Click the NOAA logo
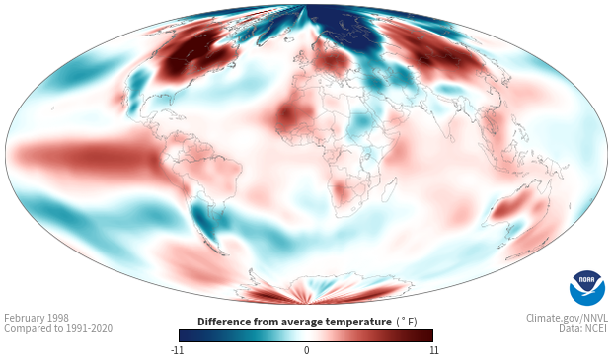[587, 288]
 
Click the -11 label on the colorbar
[178, 350]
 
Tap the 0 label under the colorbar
[306, 350]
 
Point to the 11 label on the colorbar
[434, 350]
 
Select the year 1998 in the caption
[58, 318]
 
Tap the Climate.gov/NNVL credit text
[567, 318]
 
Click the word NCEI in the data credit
[595, 328]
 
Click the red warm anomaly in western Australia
[507, 209]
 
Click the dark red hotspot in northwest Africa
[288, 115]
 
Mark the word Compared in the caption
[24, 329]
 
